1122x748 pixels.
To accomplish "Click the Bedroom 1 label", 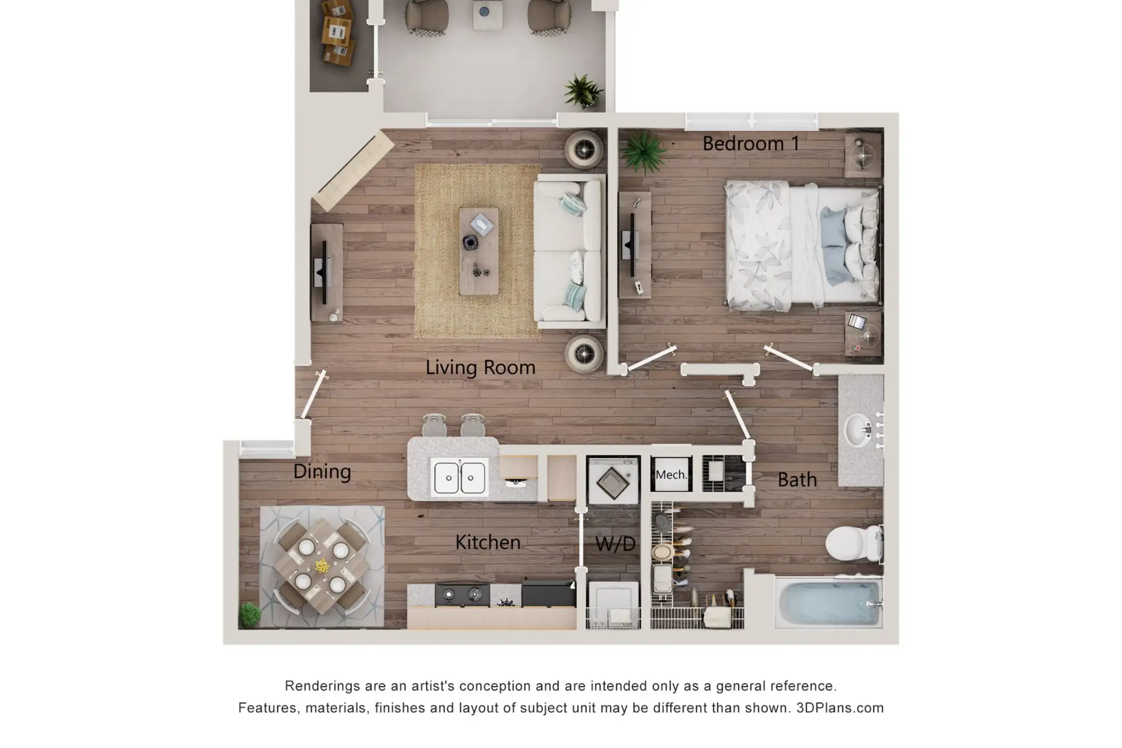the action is click(751, 144).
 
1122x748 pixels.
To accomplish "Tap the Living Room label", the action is click(480, 368).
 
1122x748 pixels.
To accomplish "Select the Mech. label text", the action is click(671, 475).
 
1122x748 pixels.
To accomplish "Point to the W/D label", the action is click(616, 544).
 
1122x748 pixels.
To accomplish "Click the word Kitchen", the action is click(488, 542).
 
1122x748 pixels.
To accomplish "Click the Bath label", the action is click(797, 480).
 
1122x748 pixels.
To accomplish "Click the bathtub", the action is click(829, 603).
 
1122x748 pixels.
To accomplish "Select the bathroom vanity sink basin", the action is click(858, 430).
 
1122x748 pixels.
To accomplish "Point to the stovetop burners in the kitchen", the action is click(462, 595).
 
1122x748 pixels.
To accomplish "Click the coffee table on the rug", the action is click(479, 251).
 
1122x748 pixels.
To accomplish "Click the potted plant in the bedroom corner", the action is click(643, 152).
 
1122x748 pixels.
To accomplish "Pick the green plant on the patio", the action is click(583, 91).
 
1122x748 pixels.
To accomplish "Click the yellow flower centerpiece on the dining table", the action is click(322, 566).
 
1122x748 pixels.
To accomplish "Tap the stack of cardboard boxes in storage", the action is click(336, 32).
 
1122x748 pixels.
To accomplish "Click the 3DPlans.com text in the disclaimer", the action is click(839, 708).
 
